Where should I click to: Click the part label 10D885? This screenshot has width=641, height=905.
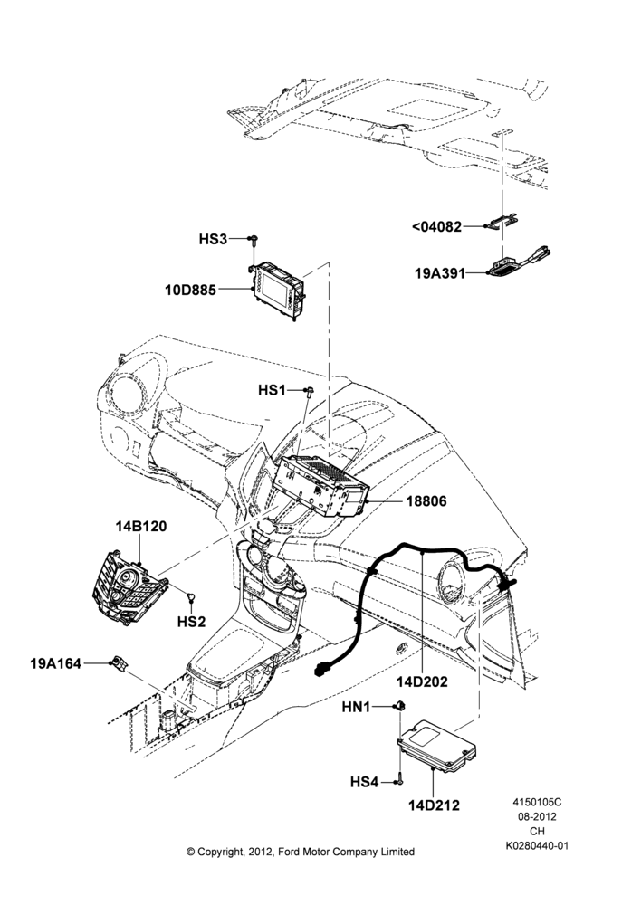click(190, 290)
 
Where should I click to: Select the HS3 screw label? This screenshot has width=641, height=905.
click(213, 239)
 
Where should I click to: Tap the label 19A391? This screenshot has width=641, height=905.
click(440, 273)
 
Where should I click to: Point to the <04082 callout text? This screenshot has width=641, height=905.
click(437, 227)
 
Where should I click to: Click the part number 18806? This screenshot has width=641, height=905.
click(426, 501)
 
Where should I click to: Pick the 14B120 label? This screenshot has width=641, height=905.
click(141, 527)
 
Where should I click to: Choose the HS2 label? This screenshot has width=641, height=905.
click(191, 622)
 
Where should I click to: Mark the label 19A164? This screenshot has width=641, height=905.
click(55, 663)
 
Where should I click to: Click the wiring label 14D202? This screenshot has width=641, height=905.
click(422, 681)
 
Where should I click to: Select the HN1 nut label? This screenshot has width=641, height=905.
click(357, 707)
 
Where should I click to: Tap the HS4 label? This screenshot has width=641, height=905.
click(364, 782)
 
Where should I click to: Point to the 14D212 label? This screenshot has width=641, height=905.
click(435, 805)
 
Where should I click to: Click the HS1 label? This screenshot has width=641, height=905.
click(272, 391)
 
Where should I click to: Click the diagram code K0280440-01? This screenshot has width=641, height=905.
click(537, 845)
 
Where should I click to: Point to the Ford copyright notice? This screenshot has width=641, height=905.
click(301, 852)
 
